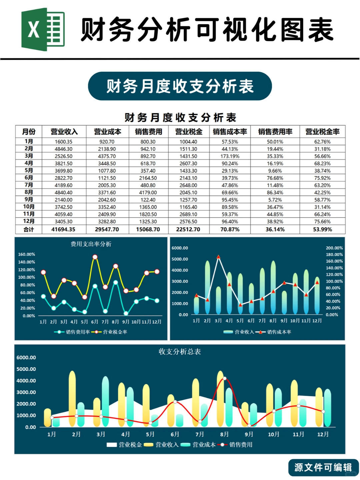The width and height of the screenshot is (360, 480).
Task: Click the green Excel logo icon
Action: pyautogui.click(x=43, y=29)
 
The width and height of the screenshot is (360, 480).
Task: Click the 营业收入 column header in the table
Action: pyautogui.click(x=64, y=132)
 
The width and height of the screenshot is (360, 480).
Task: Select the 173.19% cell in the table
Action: pyautogui.click(x=230, y=156)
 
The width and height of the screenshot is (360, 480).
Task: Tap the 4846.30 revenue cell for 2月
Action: pyautogui.click(x=63, y=149)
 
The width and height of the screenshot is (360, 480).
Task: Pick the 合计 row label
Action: pyautogui.click(x=29, y=229)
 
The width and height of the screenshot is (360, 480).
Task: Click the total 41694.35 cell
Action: pyautogui.click(x=63, y=229)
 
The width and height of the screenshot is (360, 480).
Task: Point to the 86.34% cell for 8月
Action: pyautogui.click(x=275, y=193)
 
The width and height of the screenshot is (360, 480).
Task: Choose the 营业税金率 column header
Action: pyautogui.click(x=322, y=132)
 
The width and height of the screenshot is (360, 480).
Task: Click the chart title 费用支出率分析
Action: pyautogui.click(x=91, y=244)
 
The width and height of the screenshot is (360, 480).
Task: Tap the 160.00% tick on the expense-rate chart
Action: pyautogui.click(x=27, y=254)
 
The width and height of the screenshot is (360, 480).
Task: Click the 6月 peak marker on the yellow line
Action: pyautogui.click(x=95, y=257)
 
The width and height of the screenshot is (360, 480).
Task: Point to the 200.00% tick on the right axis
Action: pyautogui.click(x=334, y=248)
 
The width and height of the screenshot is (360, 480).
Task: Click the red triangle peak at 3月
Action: pyautogui.click(x=218, y=257)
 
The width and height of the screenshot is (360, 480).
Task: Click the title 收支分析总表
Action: pyautogui.click(x=180, y=352)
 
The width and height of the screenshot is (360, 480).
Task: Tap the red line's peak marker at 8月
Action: pyautogui.click(x=225, y=378)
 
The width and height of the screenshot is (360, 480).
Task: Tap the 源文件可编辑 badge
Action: pyautogui.click(x=323, y=467)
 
